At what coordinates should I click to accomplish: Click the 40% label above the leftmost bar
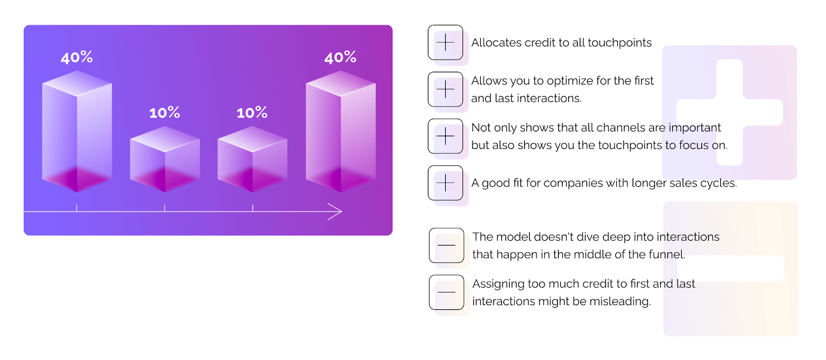[77, 58]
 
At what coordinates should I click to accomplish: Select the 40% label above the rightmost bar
[340, 58]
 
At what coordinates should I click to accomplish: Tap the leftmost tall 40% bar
[77, 132]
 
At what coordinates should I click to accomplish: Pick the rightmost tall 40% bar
[341, 132]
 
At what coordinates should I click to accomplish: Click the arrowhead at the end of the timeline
[337, 212]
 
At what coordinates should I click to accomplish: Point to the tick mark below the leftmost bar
[77, 208]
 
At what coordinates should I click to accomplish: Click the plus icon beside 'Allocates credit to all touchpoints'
[445, 42]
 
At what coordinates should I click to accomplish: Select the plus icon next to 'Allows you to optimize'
[445, 89]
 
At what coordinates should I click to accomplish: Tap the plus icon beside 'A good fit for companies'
[445, 183]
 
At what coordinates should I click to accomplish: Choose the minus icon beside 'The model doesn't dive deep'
[446, 245]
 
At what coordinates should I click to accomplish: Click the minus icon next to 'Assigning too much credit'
[446, 292]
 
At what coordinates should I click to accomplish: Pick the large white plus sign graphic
[729, 112]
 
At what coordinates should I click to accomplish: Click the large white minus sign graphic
[730, 269]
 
